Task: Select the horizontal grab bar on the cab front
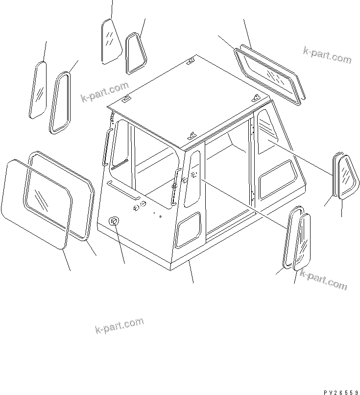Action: coord(120,190)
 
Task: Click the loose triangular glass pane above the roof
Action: coord(112,42)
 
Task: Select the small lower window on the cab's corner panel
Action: coord(189,230)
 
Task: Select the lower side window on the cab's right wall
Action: coord(277,178)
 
